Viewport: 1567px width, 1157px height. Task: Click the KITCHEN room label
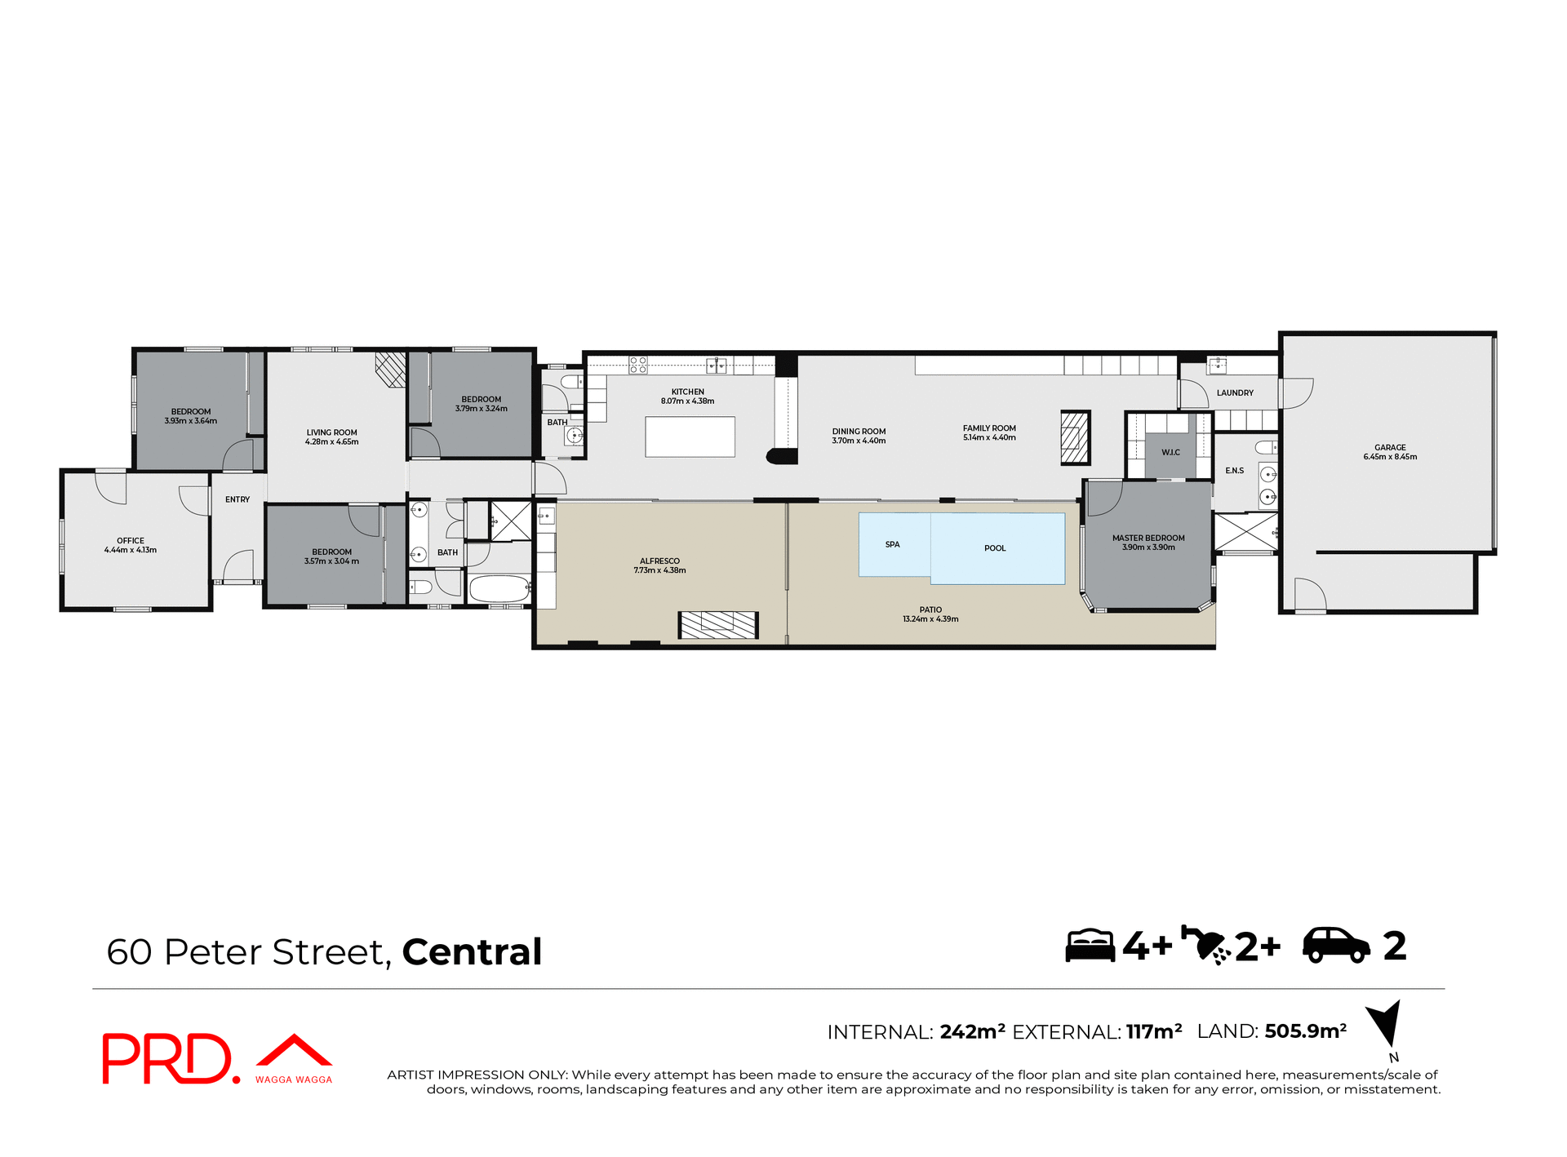pos(687,392)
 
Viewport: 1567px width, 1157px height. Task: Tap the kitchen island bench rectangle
pos(690,437)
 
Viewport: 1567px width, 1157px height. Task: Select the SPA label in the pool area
pos(892,544)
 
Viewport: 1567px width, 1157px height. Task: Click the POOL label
pos(994,548)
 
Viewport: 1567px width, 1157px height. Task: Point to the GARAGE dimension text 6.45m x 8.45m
pos(1389,457)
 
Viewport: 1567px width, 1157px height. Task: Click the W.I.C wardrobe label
pos(1170,452)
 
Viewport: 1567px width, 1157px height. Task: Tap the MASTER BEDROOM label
pos(1148,538)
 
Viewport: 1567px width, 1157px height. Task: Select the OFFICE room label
pos(131,540)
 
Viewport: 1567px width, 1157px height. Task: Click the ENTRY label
pos(237,499)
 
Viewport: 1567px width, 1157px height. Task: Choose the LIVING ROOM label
pos(331,432)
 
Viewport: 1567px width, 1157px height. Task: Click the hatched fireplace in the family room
pos(1075,437)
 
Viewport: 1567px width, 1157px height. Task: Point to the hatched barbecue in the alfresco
pos(718,625)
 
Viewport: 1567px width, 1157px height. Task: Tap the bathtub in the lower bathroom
pos(499,588)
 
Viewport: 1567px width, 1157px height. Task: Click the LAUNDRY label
pos(1234,392)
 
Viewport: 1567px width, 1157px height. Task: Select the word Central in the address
pos(472,952)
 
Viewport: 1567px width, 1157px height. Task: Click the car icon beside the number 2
pos(1336,946)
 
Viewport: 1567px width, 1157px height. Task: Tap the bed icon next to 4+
pos(1090,946)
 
